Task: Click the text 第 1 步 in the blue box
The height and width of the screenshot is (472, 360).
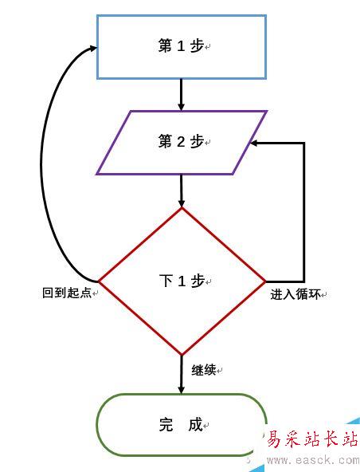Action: coord(181,46)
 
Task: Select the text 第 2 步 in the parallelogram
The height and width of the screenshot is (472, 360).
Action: coord(181,141)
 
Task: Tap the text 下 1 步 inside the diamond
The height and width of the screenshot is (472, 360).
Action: coord(182,281)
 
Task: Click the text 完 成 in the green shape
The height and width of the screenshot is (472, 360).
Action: coord(181,424)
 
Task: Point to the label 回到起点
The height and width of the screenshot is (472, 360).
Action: coord(67,293)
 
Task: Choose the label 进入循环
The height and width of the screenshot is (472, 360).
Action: coord(295,294)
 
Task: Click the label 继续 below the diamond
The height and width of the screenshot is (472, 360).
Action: coord(204,370)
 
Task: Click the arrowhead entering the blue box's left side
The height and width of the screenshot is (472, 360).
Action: coord(92,48)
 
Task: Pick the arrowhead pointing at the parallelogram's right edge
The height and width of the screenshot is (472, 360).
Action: coord(254,144)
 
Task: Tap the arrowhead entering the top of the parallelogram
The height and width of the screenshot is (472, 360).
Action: coord(181,107)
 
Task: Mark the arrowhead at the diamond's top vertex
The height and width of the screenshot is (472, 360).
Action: coord(181,203)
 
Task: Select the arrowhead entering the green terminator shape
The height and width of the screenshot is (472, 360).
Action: coord(181,390)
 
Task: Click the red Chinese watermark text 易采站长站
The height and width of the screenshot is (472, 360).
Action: coord(313,439)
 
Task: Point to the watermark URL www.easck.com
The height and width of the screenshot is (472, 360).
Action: coord(313,460)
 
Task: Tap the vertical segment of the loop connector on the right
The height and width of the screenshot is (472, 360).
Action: coord(303,213)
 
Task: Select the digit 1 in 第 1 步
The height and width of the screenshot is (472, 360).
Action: coord(181,46)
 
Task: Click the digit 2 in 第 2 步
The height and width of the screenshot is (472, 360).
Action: coord(181,141)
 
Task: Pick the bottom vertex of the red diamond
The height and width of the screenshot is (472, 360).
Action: coord(182,356)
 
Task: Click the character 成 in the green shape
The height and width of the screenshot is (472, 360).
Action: coord(195,424)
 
